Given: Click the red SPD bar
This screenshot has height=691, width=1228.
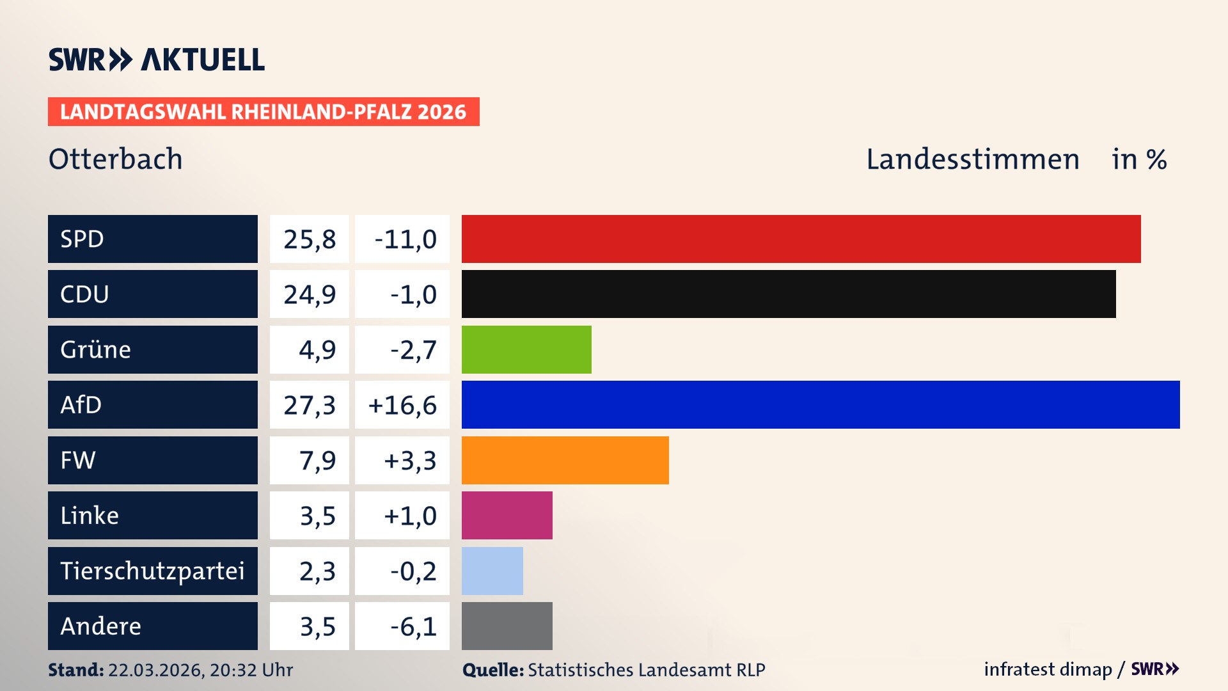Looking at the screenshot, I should pos(801,239).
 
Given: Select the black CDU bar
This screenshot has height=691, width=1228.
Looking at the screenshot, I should pos(788,294).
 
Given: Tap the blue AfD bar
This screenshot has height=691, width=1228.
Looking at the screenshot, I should pos(820,404).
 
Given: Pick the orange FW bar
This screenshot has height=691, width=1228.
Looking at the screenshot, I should pos(565,460).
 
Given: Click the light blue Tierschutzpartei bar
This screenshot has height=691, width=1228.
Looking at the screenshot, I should pos(492,571).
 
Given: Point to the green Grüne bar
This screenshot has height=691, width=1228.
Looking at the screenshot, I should pos(526,349).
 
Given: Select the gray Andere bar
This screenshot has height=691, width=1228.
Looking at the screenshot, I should pos(507,626).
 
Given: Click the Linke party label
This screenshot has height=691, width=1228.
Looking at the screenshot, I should pos(90,515).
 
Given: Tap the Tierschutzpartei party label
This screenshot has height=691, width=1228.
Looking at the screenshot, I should pos(152,571).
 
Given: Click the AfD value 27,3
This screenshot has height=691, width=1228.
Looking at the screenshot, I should pos(310,405).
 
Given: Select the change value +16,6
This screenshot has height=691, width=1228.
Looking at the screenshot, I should pos(402,405).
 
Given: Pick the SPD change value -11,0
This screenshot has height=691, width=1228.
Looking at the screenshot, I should pos(405,239).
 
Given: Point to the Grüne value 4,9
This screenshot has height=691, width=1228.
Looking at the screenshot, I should pos(317,350).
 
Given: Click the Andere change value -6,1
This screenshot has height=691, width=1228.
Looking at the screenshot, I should pos(413,626).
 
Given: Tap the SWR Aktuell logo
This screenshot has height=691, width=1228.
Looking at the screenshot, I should pos(156,60).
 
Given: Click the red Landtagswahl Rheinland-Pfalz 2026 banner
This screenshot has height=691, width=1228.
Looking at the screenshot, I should pos(263,112).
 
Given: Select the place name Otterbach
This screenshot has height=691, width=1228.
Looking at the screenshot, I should pos(116,159).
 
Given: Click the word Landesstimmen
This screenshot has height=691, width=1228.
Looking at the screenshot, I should pos(972,159).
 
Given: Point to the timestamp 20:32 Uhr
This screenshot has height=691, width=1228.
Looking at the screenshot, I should pos(251,670).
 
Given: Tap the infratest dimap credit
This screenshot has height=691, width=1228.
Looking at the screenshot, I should pos(1047,669).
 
